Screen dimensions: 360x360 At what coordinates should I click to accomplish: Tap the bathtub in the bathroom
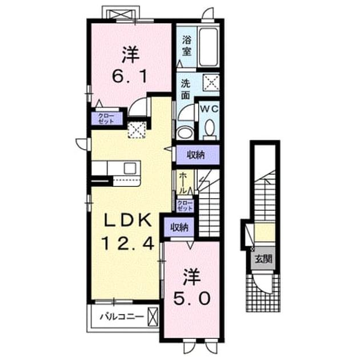208,47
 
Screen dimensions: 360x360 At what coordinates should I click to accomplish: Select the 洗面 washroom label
186,89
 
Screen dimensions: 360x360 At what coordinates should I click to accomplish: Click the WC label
209,109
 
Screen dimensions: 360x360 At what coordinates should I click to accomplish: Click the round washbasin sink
185,133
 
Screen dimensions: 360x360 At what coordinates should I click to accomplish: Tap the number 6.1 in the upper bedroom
130,77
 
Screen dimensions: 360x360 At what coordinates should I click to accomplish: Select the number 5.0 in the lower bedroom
191,299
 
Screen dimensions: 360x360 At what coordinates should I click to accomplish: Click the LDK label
128,221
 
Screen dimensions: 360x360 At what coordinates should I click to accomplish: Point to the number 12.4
127,243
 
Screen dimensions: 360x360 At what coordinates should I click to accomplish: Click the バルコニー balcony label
122,317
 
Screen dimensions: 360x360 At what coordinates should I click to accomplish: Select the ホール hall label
183,183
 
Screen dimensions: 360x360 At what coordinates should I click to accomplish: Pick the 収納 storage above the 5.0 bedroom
179,227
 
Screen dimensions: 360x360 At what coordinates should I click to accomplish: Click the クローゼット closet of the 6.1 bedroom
106,118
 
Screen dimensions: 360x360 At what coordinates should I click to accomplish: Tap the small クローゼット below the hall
185,206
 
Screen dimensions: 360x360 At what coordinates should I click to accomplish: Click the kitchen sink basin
130,169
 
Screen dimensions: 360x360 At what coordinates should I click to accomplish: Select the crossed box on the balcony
153,317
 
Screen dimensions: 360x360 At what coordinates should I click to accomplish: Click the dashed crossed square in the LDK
137,130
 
